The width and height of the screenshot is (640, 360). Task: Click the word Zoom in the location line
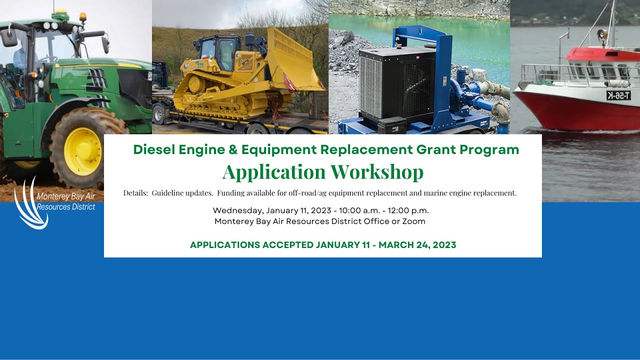[413, 221]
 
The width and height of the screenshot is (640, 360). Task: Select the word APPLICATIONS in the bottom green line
[225, 245]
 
